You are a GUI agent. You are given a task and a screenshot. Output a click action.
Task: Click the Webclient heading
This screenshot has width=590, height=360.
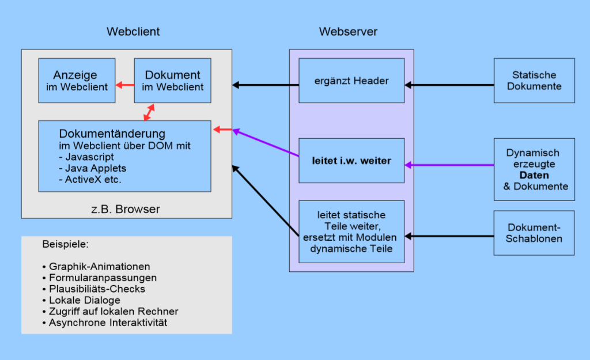pos(133,32)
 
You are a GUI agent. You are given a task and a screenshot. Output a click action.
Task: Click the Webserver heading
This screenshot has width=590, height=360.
pos(348,32)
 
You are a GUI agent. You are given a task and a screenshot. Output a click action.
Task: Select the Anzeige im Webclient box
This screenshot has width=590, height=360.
pos(77,81)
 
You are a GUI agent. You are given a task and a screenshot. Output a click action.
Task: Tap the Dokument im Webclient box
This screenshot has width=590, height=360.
pos(172,81)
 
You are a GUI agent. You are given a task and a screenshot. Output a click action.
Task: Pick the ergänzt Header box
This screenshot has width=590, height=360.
pos(351,81)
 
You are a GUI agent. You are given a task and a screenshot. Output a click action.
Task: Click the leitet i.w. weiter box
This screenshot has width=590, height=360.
pos(351,161)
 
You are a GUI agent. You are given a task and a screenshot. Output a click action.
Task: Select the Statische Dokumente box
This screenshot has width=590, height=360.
pos(534,81)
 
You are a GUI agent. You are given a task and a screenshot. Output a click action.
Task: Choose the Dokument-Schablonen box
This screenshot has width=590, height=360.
pos(534,233)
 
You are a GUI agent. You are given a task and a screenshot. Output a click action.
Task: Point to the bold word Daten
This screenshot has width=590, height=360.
pos(534,175)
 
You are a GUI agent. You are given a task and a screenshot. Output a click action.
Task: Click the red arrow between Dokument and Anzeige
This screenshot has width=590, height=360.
pos(124,86)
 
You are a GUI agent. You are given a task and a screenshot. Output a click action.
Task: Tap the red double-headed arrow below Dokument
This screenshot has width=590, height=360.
pos(149,112)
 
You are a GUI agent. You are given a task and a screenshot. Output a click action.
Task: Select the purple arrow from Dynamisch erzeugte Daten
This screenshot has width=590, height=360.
pos(449,165)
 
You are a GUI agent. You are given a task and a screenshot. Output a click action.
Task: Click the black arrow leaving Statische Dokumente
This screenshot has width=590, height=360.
pos(449,85)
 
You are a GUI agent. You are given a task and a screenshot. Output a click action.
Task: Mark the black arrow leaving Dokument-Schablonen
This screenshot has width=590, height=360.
pos(449,236)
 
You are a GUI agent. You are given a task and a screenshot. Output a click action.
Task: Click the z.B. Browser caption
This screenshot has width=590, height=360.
pos(126,209)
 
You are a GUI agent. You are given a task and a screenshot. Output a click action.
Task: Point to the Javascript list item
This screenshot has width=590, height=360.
pos(86,157)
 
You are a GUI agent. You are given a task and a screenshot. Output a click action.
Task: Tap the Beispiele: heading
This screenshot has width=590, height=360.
pos(65,245)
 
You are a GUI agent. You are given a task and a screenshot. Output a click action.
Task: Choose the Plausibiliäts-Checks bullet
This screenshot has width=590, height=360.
pos(94,289)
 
